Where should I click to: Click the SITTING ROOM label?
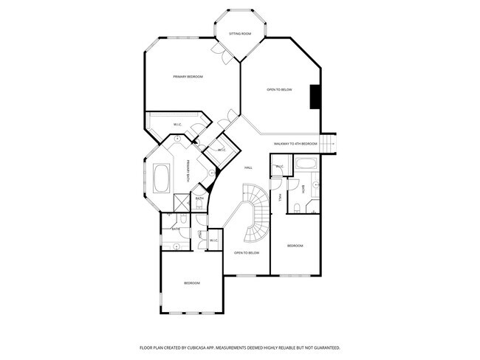pyautogui.click(x=240, y=34)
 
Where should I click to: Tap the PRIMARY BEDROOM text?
pyautogui.click(x=188, y=77)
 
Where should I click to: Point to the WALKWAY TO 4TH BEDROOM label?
pyautogui.click(x=295, y=143)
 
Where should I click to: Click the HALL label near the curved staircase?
pyautogui.click(x=249, y=167)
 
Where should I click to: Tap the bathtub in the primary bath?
pyautogui.click(x=162, y=178)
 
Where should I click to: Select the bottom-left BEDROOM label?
pyautogui.click(x=191, y=283)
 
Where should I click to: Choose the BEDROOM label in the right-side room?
pyautogui.click(x=295, y=245)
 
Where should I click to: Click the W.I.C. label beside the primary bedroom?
pyautogui.click(x=178, y=124)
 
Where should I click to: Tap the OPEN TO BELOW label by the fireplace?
pyautogui.click(x=279, y=89)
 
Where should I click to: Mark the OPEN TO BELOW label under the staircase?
pyautogui.click(x=247, y=253)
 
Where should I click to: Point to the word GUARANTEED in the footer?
pyautogui.click(x=325, y=347)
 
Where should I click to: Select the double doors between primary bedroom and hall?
pyautogui.click(x=231, y=116)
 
